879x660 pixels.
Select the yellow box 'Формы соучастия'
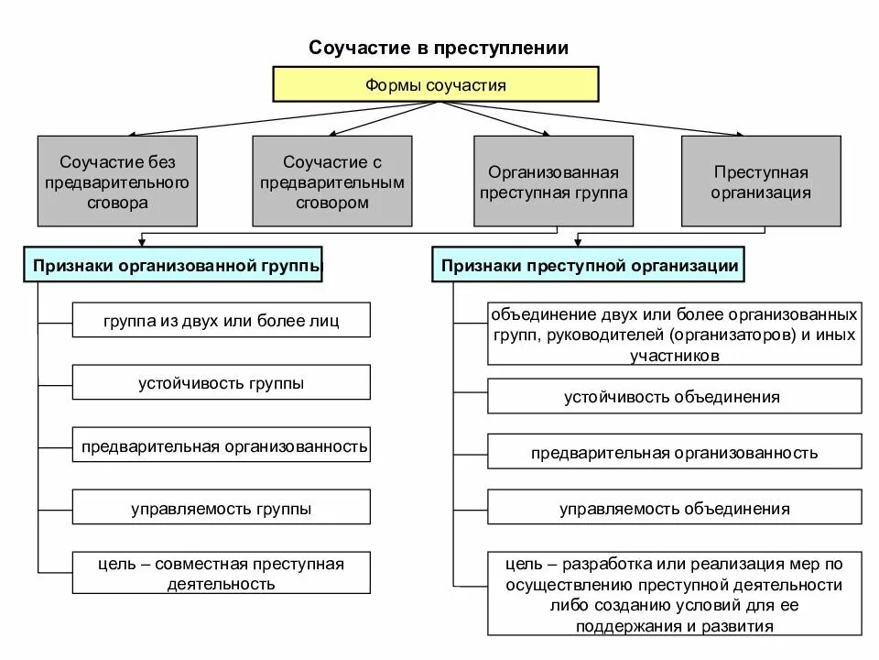point(436,85)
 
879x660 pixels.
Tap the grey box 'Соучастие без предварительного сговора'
point(116,181)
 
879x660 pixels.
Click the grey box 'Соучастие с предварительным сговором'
point(331,181)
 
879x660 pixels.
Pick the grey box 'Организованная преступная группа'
point(553,181)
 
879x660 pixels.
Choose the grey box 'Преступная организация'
point(761,181)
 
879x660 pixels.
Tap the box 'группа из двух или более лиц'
point(221,320)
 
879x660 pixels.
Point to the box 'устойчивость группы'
point(221,382)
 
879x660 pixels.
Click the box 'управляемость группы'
point(221,508)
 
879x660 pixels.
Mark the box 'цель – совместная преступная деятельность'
point(221,573)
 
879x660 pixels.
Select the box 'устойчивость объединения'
point(674,396)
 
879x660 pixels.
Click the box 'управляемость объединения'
point(674,508)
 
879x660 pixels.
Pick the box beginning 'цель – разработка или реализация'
point(674,594)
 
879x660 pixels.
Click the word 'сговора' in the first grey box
point(116,203)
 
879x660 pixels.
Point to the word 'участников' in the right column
point(674,354)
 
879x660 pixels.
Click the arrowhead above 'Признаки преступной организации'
point(577,242)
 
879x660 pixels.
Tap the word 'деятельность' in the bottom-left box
point(221,584)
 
